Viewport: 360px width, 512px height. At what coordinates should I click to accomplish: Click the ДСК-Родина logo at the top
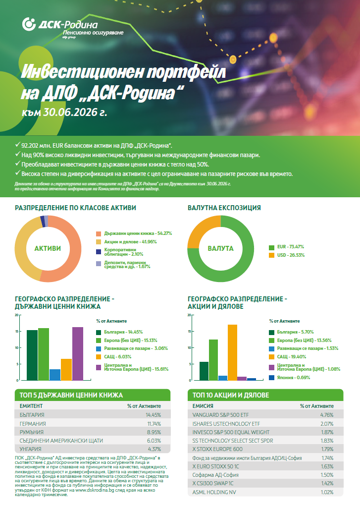pos(73,28)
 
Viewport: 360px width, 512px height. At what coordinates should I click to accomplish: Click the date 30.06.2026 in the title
pos(70,112)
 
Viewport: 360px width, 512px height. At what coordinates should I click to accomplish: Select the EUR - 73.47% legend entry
pos(286,247)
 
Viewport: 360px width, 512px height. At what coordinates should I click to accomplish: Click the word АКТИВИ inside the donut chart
pos(48,248)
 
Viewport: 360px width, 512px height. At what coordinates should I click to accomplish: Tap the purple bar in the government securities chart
pos(78,353)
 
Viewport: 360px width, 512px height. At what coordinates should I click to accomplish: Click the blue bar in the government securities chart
pos(55,375)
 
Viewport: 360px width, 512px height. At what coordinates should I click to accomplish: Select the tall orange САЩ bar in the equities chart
pos(233,353)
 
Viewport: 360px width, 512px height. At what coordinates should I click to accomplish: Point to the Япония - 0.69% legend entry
pos(289,378)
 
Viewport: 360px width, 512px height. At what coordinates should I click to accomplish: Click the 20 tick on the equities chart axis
pos(189,315)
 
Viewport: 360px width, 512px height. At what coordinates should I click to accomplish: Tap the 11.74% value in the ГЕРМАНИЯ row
pos(154,423)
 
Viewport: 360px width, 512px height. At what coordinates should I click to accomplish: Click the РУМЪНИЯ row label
pos(32,432)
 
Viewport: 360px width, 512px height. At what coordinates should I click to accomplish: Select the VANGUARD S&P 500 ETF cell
pos(220,415)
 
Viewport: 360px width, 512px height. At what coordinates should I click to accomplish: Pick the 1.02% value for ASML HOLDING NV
pos(327,492)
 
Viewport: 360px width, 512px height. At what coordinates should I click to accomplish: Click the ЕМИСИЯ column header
pos(203,406)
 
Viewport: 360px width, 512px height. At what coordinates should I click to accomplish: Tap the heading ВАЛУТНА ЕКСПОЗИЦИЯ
pos(224,208)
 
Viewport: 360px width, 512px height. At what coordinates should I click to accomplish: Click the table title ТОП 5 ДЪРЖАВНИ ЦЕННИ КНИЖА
pos(71,395)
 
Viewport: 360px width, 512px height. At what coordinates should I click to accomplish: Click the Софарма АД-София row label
pos(215,475)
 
